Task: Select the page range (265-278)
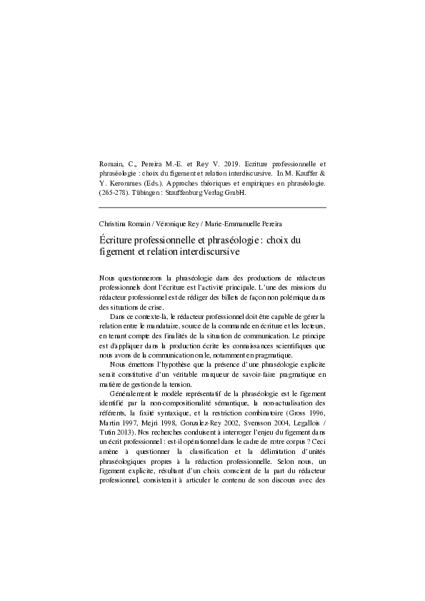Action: point(114,192)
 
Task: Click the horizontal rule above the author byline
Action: point(212,208)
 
